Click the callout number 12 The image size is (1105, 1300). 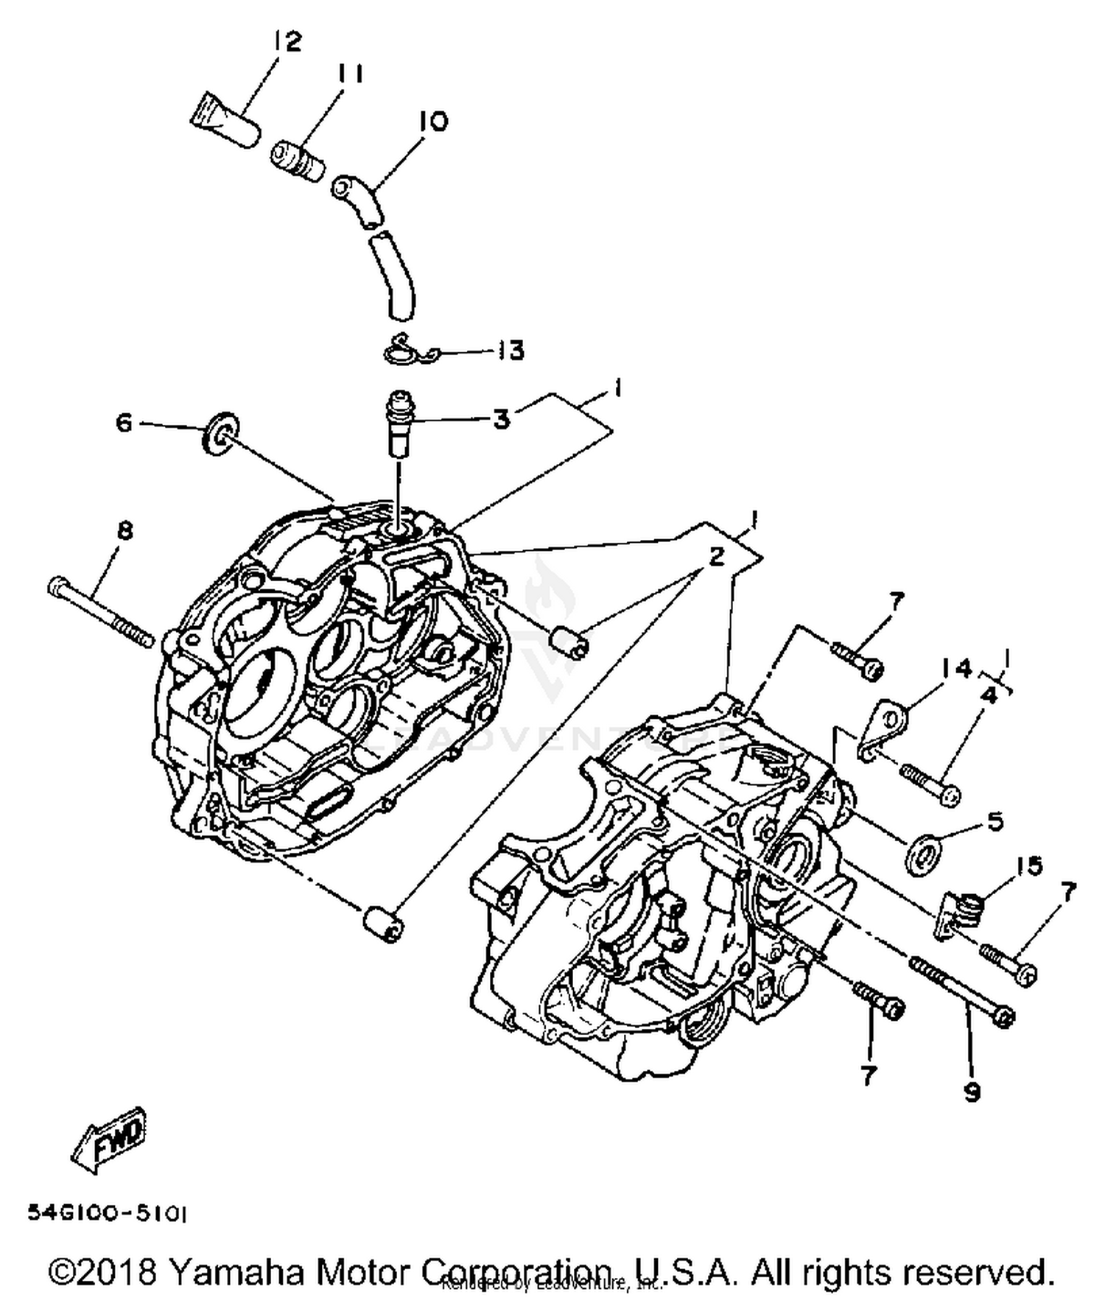pyautogui.click(x=287, y=41)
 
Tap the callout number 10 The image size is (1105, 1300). pyautogui.click(x=435, y=122)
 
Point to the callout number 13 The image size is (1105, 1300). pyautogui.click(x=508, y=351)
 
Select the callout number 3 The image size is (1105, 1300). pyautogui.click(x=502, y=421)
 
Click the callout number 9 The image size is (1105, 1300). pyautogui.click(x=972, y=1092)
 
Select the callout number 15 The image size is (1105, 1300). pyautogui.click(x=1029, y=866)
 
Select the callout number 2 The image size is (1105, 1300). pyautogui.click(x=715, y=556)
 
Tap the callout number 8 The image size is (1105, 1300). pyautogui.click(x=125, y=530)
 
